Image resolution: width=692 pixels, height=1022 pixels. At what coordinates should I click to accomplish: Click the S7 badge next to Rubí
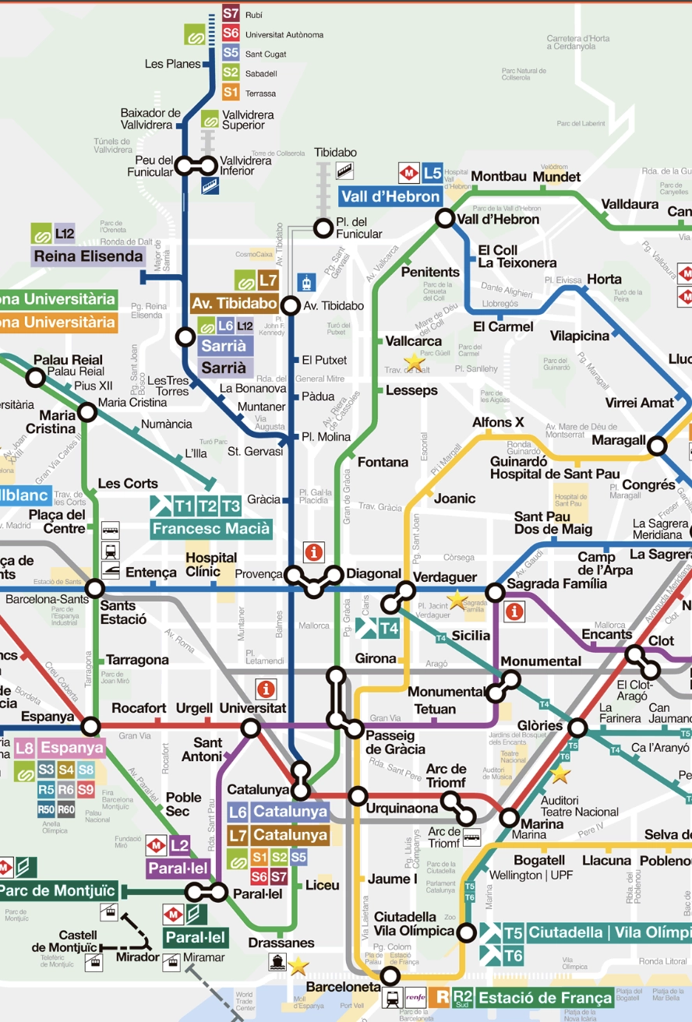(x=231, y=13)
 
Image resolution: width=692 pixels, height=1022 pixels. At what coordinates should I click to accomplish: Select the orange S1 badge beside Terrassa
(x=231, y=93)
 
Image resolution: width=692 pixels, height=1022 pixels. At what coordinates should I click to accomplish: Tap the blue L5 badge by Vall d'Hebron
(x=432, y=172)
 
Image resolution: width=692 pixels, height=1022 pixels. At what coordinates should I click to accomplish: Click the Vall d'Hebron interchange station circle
(x=444, y=219)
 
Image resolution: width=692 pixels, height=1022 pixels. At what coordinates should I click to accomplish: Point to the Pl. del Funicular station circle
(x=323, y=228)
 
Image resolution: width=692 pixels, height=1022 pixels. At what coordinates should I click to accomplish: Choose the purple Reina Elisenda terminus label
(x=88, y=256)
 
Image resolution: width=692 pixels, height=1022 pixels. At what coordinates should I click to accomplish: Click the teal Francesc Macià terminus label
(x=211, y=529)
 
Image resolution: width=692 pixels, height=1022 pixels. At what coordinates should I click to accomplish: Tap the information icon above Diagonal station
(x=314, y=552)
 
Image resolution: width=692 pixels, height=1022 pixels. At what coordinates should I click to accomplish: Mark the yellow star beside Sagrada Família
(x=456, y=600)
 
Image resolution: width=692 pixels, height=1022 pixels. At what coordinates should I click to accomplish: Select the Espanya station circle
(x=91, y=727)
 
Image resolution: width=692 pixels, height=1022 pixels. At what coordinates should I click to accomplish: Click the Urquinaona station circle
(x=358, y=795)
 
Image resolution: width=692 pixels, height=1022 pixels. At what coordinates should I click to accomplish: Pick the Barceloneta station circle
(x=390, y=975)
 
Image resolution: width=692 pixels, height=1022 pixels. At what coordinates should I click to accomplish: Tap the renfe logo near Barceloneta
(x=415, y=997)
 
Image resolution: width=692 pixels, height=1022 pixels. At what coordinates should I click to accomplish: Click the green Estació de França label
(x=544, y=998)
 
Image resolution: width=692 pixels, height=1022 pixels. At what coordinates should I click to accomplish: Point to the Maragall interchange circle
(x=658, y=446)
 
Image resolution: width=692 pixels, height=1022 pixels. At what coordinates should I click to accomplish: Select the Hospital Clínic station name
(x=211, y=565)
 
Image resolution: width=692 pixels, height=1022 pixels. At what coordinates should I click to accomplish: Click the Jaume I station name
(x=393, y=879)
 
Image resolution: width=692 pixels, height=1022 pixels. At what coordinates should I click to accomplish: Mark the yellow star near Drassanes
(x=298, y=967)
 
